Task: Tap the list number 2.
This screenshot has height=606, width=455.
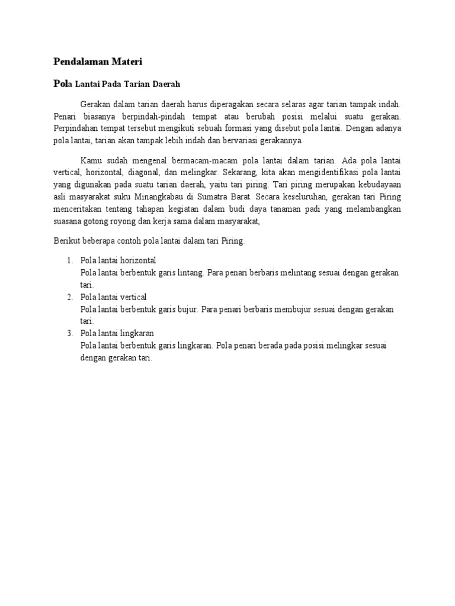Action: [x=69, y=296]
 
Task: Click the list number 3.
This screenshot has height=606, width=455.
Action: [x=69, y=333]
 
